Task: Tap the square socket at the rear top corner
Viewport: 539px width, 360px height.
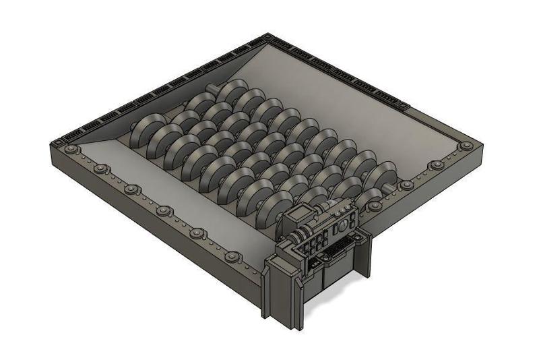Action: pyautogui.click(x=268, y=38)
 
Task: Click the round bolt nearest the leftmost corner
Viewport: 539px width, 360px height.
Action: pyautogui.click(x=70, y=149)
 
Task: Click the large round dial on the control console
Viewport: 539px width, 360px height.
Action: pyautogui.click(x=344, y=222)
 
